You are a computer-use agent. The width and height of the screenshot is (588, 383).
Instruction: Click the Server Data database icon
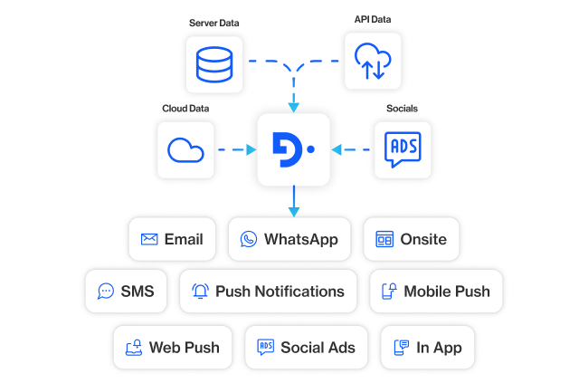(213, 62)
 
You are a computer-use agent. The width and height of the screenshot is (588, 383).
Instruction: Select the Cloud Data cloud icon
(185, 148)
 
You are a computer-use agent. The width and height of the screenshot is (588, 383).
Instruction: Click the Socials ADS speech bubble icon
(403, 148)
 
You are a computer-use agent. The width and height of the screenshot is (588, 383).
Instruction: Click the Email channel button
(173, 240)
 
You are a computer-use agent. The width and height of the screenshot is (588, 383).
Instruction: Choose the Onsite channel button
(411, 240)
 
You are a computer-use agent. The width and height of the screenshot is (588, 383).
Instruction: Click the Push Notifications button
(269, 292)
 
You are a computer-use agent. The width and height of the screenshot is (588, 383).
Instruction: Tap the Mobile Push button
(435, 292)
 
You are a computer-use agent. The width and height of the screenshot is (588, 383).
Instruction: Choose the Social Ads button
(306, 348)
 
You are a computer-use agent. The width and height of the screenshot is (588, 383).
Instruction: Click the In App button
(427, 348)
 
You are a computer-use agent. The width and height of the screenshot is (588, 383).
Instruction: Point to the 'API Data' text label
(372, 19)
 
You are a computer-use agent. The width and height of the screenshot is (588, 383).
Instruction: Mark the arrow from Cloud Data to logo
(236, 149)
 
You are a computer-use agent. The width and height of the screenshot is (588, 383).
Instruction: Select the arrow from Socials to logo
(351, 149)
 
